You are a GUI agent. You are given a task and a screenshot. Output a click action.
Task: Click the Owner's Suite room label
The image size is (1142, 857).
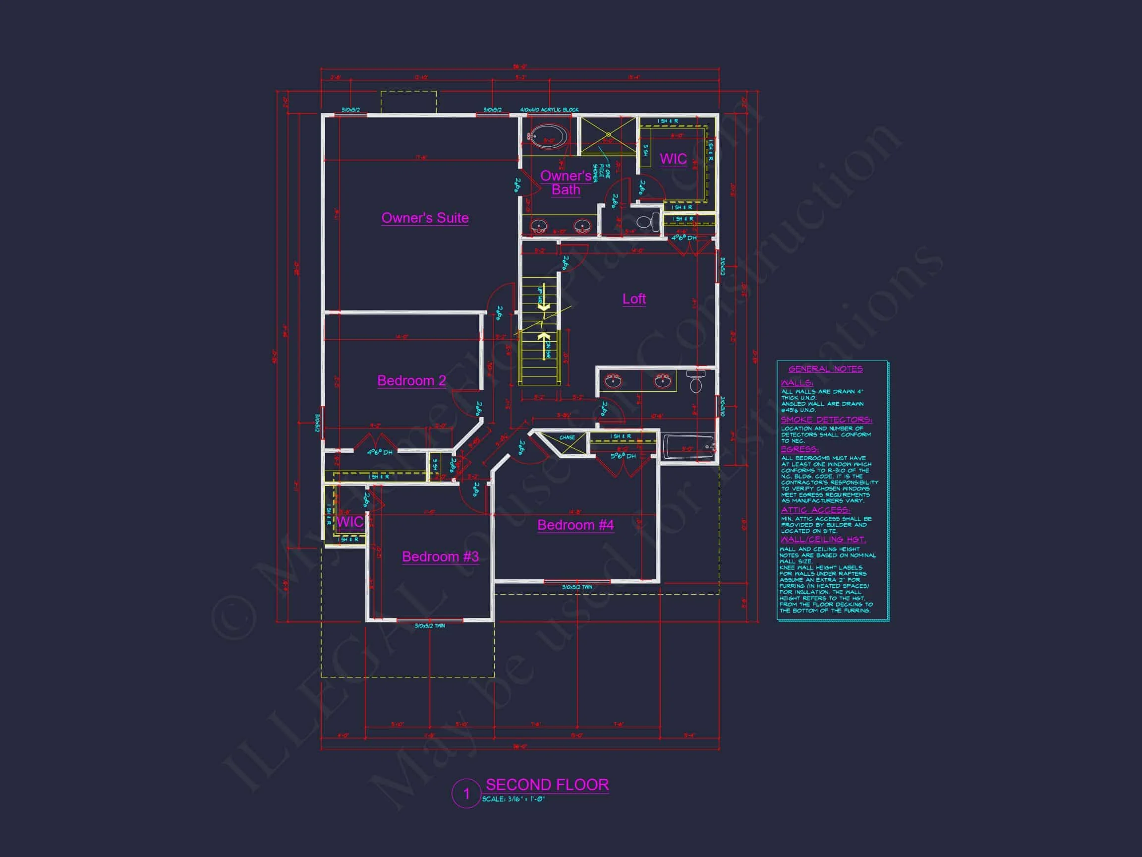click(425, 218)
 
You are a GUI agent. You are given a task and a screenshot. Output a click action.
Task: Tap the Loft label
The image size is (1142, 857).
click(634, 299)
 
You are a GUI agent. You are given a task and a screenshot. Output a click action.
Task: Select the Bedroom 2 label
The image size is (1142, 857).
click(411, 381)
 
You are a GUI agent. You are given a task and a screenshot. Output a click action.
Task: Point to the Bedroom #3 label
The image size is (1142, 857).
click(440, 556)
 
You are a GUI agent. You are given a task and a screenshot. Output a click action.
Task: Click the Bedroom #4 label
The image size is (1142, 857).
click(575, 525)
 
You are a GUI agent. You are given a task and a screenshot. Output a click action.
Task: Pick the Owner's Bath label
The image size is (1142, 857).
click(566, 183)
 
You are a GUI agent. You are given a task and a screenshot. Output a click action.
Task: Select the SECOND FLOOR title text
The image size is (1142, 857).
click(547, 785)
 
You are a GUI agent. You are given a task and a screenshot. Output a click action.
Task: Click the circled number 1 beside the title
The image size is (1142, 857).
click(467, 794)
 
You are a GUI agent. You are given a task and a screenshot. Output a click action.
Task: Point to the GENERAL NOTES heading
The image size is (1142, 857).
click(826, 369)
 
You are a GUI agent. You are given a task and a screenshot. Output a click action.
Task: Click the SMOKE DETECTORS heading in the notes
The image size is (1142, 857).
click(826, 420)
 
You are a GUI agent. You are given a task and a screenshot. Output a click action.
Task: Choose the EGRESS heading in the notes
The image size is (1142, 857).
click(799, 449)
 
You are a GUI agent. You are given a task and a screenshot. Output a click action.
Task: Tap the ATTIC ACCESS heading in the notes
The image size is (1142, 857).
click(815, 510)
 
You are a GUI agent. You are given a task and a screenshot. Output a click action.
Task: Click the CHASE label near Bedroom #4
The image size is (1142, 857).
click(567, 437)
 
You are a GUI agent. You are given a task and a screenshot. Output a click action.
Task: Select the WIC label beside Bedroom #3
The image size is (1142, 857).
click(350, 522)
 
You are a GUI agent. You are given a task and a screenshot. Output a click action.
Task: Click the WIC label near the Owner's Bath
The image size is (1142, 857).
click(673, 159)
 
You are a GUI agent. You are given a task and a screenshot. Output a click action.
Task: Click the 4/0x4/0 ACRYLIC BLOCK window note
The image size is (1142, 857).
click(549, 110)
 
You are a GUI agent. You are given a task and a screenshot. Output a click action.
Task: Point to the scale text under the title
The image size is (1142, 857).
click(514, 799)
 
